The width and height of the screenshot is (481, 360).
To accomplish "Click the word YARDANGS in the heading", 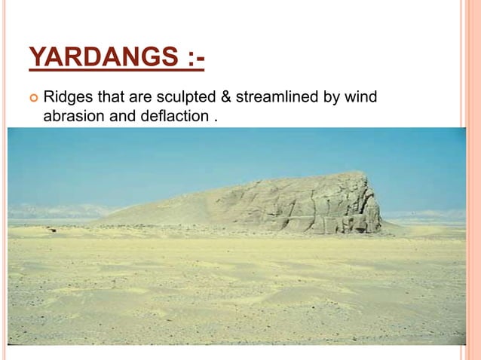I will (x=103, y=58).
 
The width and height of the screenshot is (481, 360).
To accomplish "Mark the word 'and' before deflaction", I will (x=119, y=117).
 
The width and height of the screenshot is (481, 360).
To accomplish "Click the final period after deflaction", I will (x=206, y=118).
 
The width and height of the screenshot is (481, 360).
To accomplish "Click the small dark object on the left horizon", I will (x=51, y=228).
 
